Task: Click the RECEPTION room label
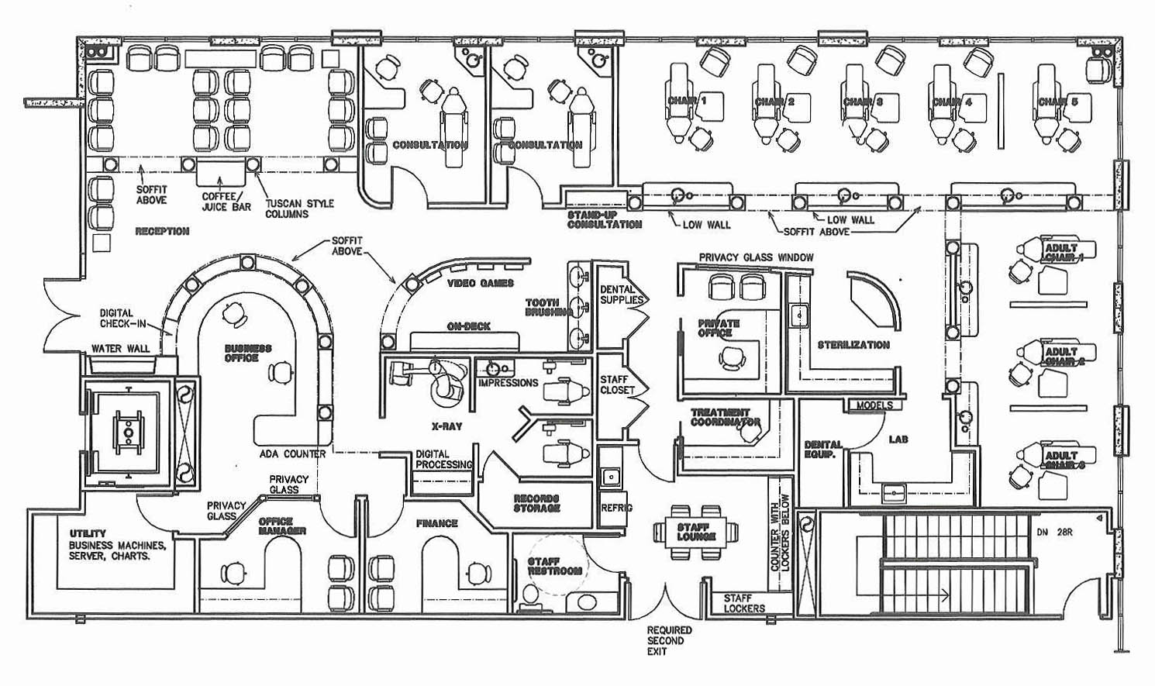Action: [162, 231]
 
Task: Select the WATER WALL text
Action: [120, 349]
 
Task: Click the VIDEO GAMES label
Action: [481, 283]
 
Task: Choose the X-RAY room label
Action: [446, 426]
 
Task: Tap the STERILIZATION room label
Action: [853, 345]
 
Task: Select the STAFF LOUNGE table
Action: [696, 532]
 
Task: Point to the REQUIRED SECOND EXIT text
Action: [670, 641]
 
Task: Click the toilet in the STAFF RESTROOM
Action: [531, 595]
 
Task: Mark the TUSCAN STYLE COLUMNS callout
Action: [299, 209]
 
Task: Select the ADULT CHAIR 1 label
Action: [1064, 253]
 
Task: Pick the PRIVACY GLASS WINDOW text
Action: [756, 257]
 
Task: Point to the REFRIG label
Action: [616, 508]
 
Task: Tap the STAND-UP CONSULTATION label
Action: [604, 219]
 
